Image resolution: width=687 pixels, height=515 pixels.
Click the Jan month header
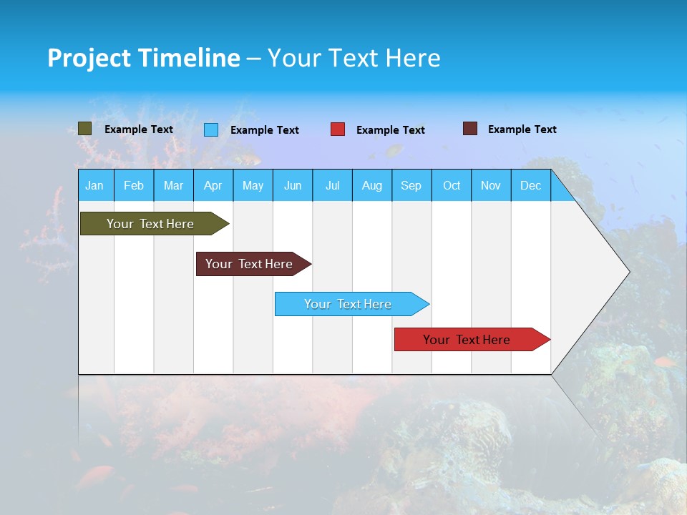(x=95, y=186)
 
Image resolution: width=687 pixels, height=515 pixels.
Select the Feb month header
(x=134, y=186)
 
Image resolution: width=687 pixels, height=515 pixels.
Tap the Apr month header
(x=213, y=186)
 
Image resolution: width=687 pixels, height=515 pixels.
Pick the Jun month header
(x=293, y=186)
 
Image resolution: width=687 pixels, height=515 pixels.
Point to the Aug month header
(x=372, y=186)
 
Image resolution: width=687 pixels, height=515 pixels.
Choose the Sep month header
(x=411, y=186)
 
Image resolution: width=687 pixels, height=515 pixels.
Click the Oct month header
(x=452, y=186)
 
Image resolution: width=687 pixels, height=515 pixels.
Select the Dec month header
(x=531, y=186)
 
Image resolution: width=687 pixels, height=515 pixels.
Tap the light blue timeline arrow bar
(x=349, y=304)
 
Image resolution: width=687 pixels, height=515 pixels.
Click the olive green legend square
(x=84, y=129)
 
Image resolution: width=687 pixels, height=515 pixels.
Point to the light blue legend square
(x=211, y=129)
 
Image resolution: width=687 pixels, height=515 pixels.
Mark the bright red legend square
(x=338, y=129)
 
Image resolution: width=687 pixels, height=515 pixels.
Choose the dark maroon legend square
(x=470, y=129)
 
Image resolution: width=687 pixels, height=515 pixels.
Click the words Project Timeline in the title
(x=144, y=58)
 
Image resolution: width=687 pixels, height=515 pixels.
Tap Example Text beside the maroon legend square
(x=522, y=129)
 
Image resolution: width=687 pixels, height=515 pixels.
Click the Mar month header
(x=173, y=186)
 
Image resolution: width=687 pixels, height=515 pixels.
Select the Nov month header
(x=491, y=186)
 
